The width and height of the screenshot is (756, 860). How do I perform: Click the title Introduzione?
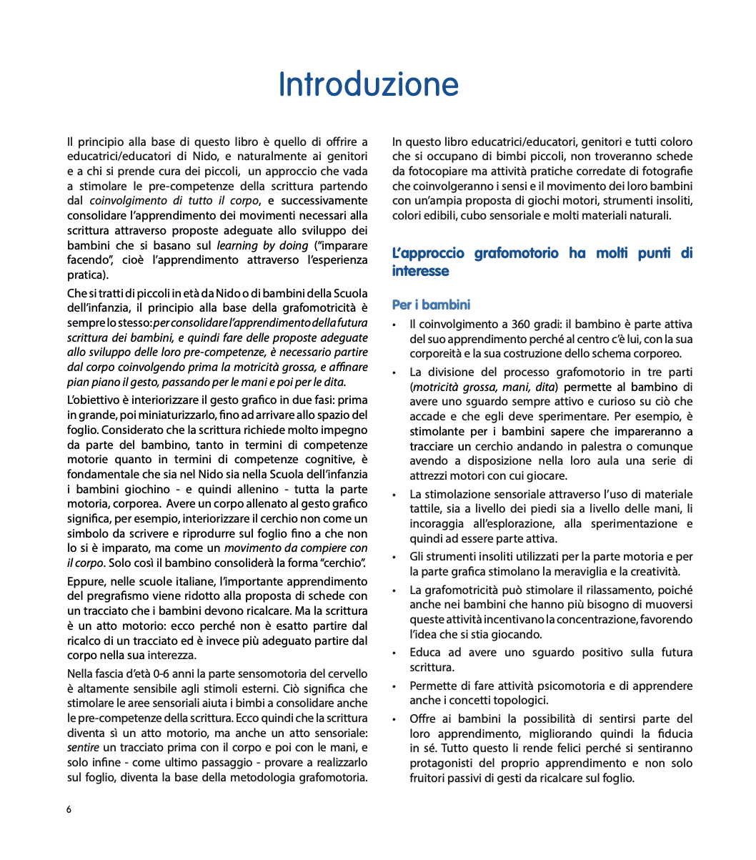[368, 84]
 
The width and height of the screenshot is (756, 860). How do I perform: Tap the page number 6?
[69, 810]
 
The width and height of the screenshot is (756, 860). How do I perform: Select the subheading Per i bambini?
[431, 305]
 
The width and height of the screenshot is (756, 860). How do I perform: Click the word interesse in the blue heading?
[420, 271]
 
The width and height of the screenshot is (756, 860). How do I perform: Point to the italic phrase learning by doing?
[262, 245]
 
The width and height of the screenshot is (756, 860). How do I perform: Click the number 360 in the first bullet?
[522, 324]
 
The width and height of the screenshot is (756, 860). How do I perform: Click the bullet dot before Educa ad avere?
[395, 653]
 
